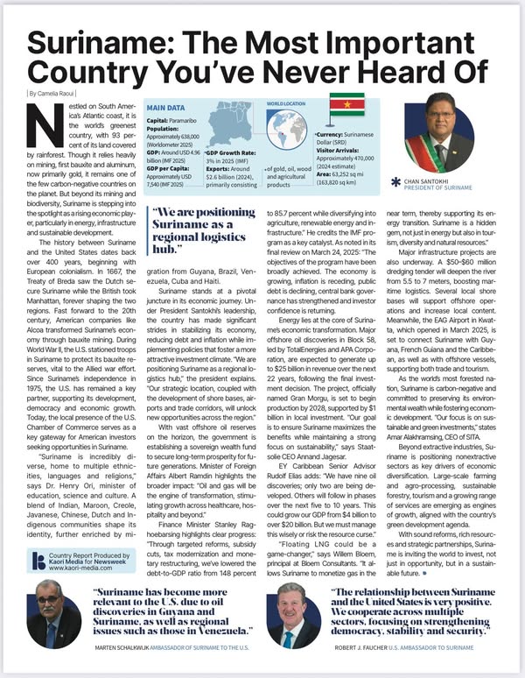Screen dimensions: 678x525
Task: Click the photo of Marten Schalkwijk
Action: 54,613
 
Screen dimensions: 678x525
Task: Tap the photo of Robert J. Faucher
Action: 292,613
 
